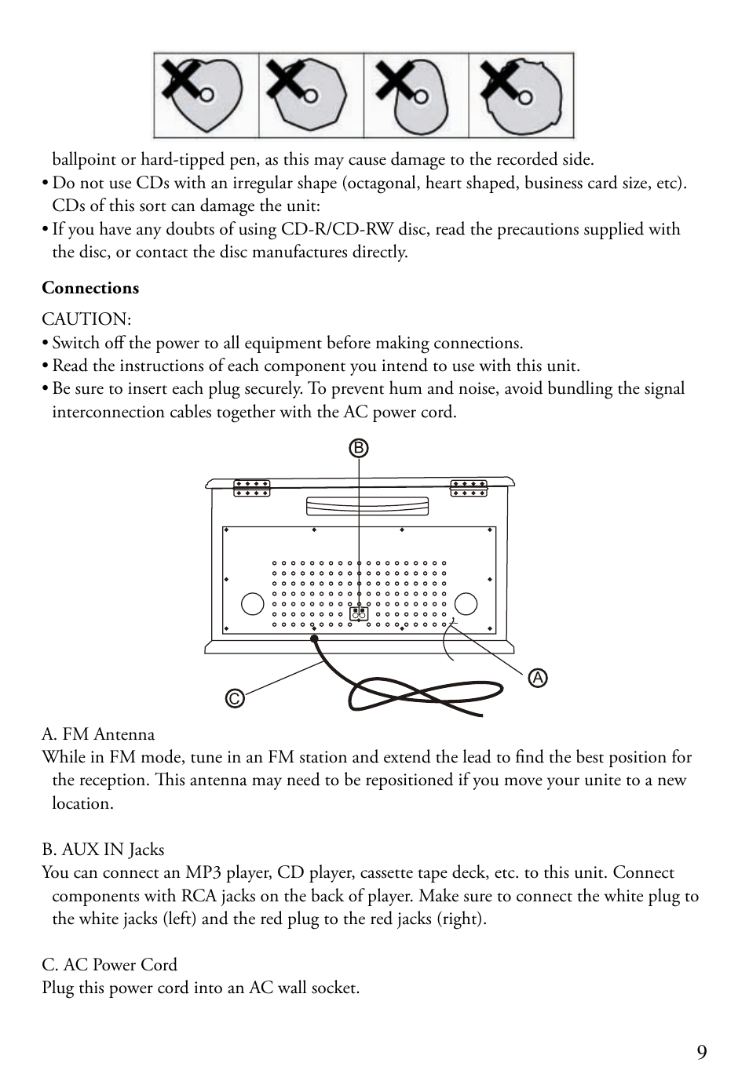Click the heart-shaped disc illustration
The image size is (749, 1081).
(x=206, y=96)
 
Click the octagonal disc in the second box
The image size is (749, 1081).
(x=312, y=96)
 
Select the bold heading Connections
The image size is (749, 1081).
(x=90, y=288)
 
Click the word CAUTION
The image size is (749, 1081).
(x=86, y=319)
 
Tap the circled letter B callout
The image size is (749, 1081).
(x=359, y=448)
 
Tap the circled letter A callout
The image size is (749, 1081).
(x=538, y=678)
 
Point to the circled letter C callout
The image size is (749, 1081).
(x=234, y=698)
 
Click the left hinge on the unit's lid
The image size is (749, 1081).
(x=251, y=488)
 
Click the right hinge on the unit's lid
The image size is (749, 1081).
(x=469, y=488)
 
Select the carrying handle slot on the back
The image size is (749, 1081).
(x=367, y=506)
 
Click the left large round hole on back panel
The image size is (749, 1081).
(x=252, y=603)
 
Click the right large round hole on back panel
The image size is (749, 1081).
(x=466, y=603)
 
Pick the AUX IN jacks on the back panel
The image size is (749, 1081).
(x=359, y=613)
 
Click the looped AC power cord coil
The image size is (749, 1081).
(x=424, y=694)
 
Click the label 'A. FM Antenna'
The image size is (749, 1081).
(x=98, y=734)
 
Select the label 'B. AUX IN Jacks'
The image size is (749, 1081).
(x=103, y=850)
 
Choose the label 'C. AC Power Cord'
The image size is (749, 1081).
(x=109, y=965)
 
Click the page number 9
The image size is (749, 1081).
(x=701, y=1053)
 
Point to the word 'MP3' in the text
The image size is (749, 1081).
(x=203, y=872)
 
